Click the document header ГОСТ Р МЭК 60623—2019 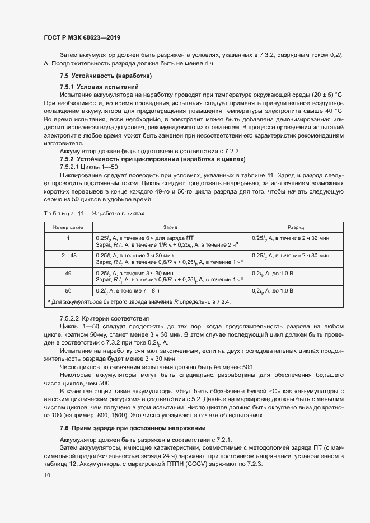click(82, 37)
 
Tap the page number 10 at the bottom click(47, 475)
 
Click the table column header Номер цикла click(68, 228)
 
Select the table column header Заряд click(170, 228)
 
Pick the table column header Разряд click(296, 228)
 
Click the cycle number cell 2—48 click(68, 255)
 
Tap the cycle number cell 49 click(68, 273)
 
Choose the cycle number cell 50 click(68, 291)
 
